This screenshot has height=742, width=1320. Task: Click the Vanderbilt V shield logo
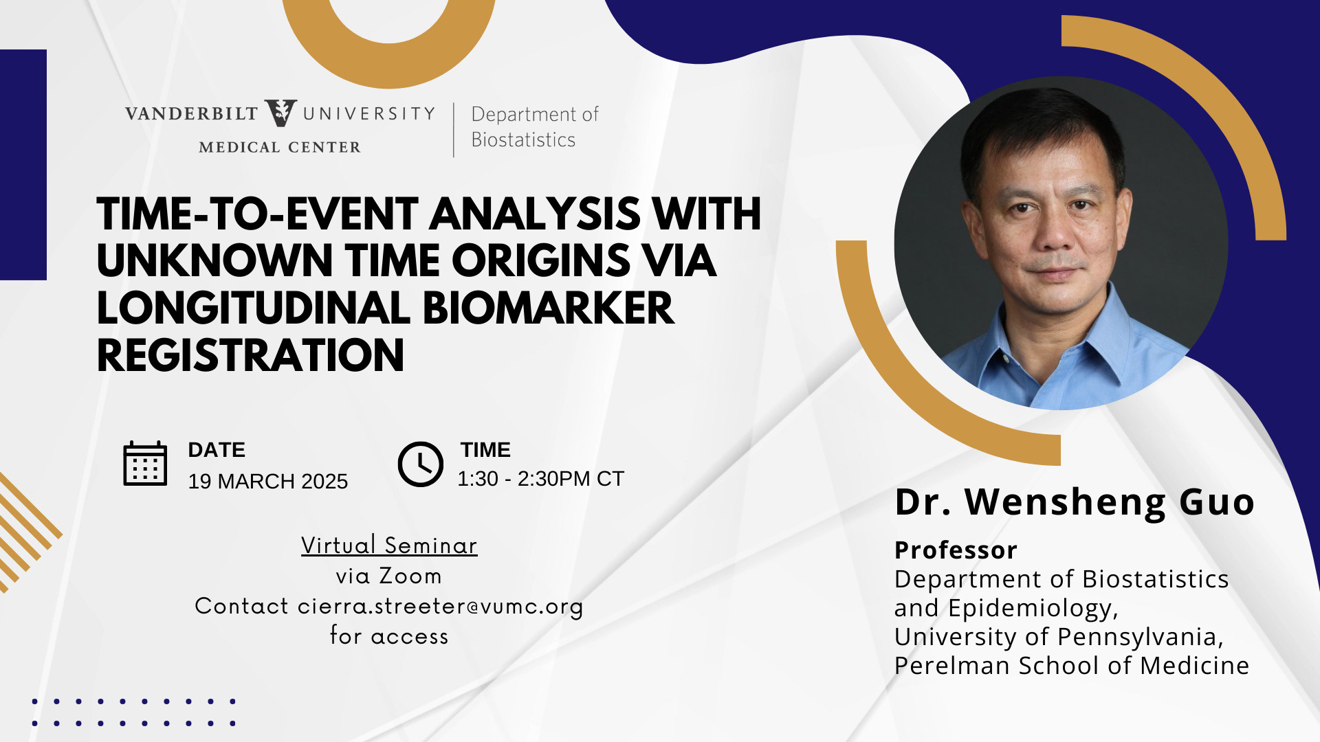[280, 113]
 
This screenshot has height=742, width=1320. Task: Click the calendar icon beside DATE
[145, 464]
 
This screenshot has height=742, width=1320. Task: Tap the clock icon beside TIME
[420, 464]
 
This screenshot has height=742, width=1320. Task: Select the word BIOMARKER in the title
[548, 308]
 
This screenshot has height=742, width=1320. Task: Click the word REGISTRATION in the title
[250, 355]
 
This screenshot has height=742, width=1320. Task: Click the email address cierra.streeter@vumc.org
[440, 607]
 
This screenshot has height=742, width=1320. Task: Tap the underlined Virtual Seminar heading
[389, 545]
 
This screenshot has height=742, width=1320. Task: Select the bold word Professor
[956, 550]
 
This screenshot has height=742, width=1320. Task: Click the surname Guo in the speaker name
[1217, 502]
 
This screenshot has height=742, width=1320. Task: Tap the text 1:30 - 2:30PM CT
[540, 478]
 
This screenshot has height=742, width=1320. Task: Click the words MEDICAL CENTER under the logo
[279, 147]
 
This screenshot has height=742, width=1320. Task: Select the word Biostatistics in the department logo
[523, 139]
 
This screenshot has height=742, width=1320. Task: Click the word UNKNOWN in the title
[214, 261]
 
